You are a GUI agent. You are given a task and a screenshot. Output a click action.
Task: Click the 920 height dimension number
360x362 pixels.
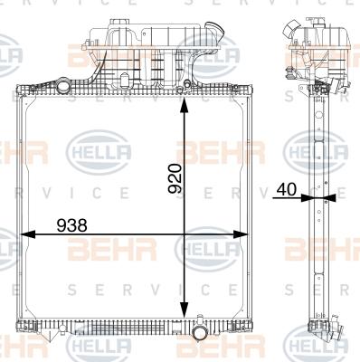175,178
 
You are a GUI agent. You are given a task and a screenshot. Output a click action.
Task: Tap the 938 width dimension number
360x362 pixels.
72,225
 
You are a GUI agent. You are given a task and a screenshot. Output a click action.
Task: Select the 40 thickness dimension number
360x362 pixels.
287,189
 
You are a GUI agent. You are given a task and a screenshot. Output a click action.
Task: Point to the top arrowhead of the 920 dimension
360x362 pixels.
184,107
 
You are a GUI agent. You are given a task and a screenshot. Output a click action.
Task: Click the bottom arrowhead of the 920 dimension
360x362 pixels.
184,310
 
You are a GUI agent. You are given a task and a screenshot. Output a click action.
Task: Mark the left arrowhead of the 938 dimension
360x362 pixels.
28,234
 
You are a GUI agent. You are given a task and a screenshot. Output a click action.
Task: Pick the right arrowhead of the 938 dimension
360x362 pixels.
241,234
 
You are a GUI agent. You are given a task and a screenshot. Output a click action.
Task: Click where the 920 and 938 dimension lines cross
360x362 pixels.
184,234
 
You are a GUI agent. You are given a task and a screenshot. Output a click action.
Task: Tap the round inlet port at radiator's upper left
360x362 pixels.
62,85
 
